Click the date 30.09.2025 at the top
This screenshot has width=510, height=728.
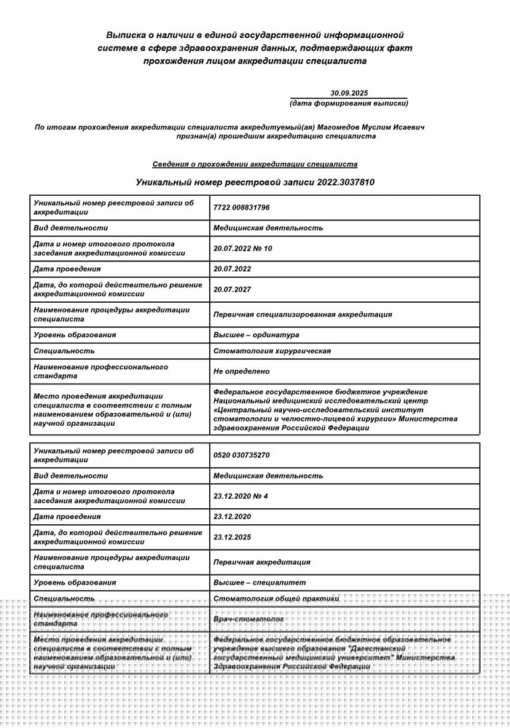tap(350, 93)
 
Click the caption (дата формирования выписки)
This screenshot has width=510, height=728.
tap(349, 103)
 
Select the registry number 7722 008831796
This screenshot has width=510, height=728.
tap(242, 207)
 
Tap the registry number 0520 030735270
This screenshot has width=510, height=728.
tap(242, 455)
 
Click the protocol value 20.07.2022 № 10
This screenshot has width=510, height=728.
tap(243, 248)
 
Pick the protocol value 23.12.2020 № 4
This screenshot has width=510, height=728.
tap(241, 496)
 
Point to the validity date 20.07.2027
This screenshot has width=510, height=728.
tap(232, 289)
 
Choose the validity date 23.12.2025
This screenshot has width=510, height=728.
tap(232, 537)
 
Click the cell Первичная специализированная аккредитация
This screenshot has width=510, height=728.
tap(302, 314)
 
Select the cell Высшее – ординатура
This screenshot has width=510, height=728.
tap(256, 335)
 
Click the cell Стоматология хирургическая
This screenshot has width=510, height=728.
tap(272, 351)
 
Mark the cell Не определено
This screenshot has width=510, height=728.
tap(241, 371)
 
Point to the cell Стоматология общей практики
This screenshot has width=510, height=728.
tap(277, 598)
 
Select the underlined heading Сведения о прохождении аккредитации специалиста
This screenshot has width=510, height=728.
tap(255, 165)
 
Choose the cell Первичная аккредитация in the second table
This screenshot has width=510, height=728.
tap(262, 562)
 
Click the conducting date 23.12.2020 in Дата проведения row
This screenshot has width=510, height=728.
tap(232, 516)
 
